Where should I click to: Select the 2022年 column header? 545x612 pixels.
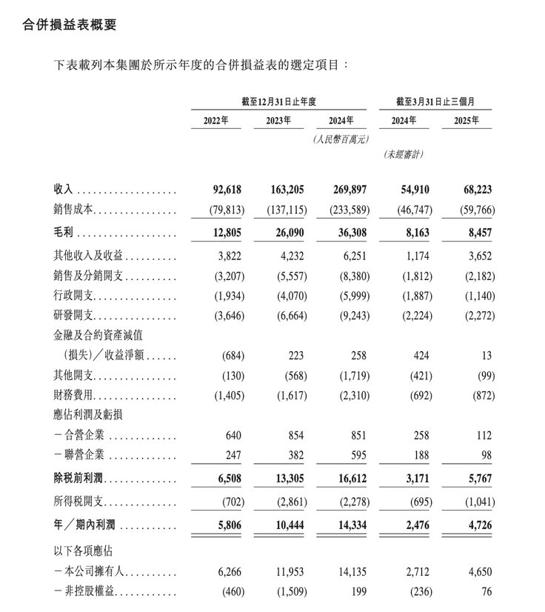215,121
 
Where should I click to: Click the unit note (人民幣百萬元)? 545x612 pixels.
341,139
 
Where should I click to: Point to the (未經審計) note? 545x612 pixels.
404,154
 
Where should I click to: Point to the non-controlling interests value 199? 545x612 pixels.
359,592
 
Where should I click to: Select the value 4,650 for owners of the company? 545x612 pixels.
481,572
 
